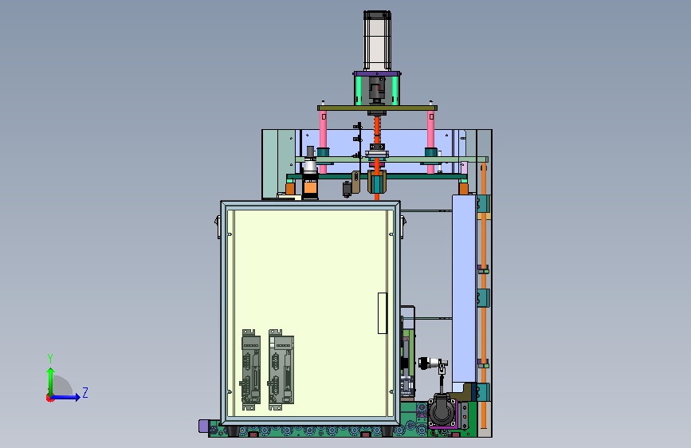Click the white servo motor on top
pyautogui.click(x=377, y=41)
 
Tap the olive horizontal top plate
pyautogui.click(x=377, y=108)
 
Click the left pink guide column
pyautogui.click(x=323, y=142)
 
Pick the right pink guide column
pyautogui.click(x=430, y=142)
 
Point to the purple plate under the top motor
pyautogui.click(x=377, y=73)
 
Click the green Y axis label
pyautogui.click(x=50, y=358)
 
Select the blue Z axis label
pyautogui.click(x=85, y=392)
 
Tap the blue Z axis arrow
pyautogui.click(x=65, y=397)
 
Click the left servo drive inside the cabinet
pyautogui.click(x=250, y=370)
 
